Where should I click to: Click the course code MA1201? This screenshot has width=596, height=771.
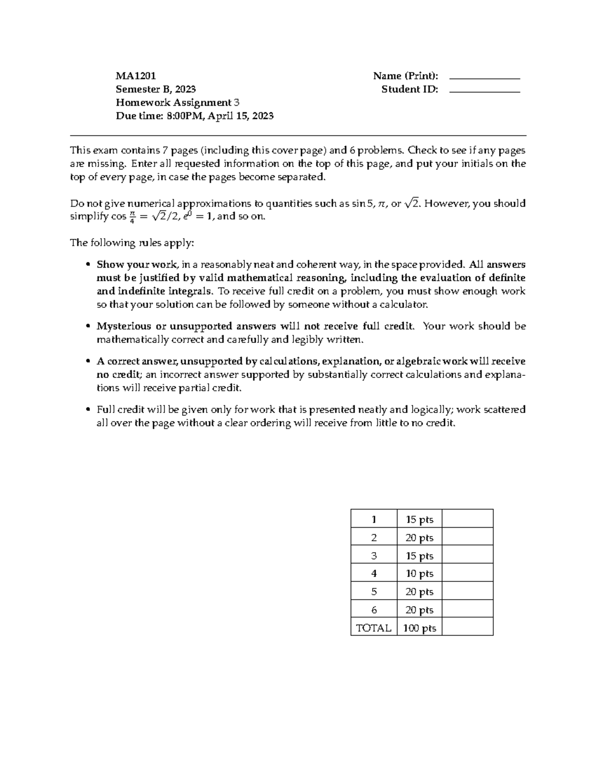[136, 76]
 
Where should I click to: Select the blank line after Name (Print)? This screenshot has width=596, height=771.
[484, 78]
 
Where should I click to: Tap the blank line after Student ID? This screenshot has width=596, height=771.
[484, 92]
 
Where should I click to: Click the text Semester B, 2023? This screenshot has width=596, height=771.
[155, 89]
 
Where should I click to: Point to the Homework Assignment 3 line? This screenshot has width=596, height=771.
[177, 103]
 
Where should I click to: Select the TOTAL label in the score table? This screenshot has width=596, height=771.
[373, 628]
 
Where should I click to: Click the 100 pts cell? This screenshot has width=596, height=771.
[419, 628]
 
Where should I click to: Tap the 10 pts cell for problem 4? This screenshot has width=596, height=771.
[419, 573]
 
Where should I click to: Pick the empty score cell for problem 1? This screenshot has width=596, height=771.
[467, 519]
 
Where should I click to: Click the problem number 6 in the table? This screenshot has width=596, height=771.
[374, 610]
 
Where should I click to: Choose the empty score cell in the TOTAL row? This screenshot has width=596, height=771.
[467, 628]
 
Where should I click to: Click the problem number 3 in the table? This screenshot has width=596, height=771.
[374, 556]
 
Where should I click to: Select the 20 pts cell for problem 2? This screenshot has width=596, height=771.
[419, 538]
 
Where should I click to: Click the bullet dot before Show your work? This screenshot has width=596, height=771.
[88, 265]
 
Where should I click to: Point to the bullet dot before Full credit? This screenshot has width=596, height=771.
[88, 410]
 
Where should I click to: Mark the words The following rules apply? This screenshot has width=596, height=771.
[132, 243]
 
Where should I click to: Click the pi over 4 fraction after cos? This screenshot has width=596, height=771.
[132, 217]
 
